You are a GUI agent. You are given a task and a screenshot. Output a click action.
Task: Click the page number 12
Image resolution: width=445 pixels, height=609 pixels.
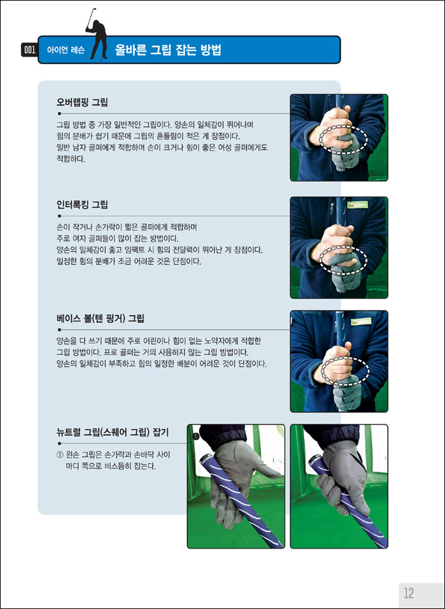click(x=409, y=593)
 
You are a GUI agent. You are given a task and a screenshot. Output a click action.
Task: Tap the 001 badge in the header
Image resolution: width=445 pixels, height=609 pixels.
click(x=29, y=50)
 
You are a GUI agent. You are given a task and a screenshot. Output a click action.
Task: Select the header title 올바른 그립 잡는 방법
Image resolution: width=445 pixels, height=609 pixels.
click(x=168, y=50)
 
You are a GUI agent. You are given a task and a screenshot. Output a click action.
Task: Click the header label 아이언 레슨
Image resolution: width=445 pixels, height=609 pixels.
click(x=65, y=50)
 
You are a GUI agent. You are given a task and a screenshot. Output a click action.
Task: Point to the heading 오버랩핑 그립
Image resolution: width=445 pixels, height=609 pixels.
click(x=82, y=102)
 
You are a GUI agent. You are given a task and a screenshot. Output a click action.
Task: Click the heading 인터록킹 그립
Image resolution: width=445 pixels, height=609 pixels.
click(x=82, y=204)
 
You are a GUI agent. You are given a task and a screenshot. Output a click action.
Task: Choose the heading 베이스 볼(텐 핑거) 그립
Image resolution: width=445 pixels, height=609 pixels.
click(x=100, y=318)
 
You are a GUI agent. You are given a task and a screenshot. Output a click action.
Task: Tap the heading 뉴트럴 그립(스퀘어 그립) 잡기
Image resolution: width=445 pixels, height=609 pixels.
click(x=113, y=432)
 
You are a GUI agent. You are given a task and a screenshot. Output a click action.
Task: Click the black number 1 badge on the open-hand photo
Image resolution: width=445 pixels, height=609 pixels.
click(x=196, y=437)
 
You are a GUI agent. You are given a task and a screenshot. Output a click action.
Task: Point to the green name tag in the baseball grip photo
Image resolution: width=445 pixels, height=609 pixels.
click(x=360, y=322)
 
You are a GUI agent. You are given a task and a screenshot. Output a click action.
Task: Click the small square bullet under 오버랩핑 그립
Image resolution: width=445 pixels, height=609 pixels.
click(x=59, y=114)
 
